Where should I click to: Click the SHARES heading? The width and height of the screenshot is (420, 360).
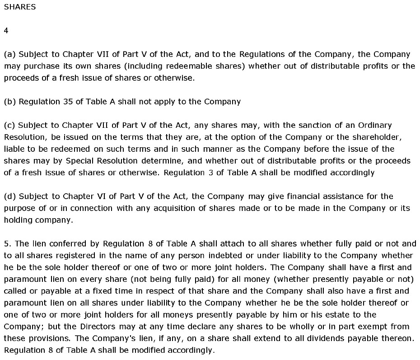tap(19, 7)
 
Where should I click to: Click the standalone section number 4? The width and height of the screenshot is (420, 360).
tap(6, 31)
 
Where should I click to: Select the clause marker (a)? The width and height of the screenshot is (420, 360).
tap(9, 54)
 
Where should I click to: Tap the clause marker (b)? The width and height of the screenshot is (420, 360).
tap(9, 102)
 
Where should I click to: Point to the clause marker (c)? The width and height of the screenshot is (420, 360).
tap(9, 125)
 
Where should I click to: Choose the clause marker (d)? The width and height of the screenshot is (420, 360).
tap(9, 196)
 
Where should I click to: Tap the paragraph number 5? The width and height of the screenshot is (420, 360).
tap(6, 243)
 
